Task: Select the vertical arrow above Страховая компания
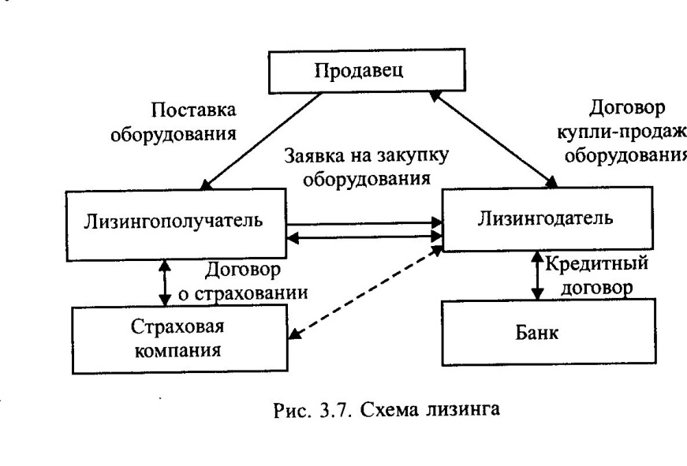[x=165, y=281]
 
